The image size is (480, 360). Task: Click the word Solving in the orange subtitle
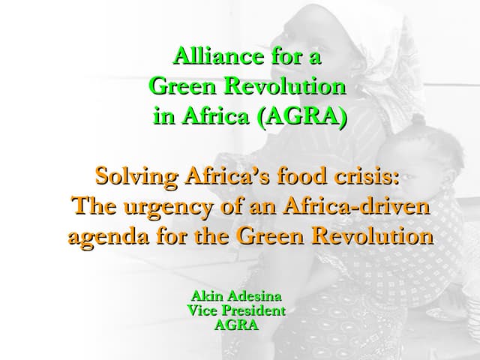click(131, 178)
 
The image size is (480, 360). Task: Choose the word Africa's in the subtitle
click(226, 178)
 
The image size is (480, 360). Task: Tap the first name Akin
click(206, 295)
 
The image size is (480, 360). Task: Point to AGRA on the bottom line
click(237, 325)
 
